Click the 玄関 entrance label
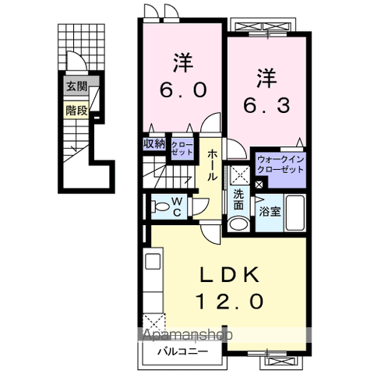click(76, 86)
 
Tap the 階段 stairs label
click(76, 110)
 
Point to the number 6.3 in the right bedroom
click(266, 104)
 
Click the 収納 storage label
click(154, 143)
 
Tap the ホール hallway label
click(212, 165)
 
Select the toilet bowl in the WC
click(159, 206)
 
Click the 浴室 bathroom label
click(270, 210)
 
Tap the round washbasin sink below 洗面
click(238, 224)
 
